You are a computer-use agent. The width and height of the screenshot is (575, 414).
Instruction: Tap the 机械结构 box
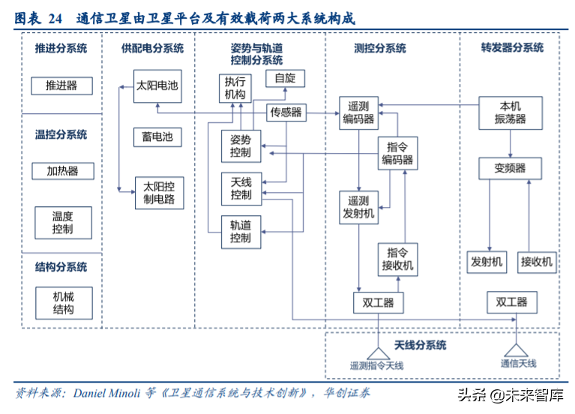pos(63,303)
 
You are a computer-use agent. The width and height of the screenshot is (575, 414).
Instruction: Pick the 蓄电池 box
pos(157,136)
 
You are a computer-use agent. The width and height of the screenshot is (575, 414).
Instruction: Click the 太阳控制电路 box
pos(158,193)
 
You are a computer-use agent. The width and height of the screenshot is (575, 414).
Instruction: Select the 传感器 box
pos(286,112)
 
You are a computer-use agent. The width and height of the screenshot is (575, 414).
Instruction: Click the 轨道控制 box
pos(241,232)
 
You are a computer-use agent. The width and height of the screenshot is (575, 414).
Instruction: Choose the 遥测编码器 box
pos(358,112)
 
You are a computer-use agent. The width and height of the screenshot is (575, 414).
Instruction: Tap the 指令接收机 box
pos(397,259)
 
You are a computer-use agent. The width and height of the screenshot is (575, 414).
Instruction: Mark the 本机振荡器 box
pos(510,112)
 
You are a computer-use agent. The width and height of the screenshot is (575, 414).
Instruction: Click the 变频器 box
pos(510,168)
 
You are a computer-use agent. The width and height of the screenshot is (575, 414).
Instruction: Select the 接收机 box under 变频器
pos(537,262)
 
